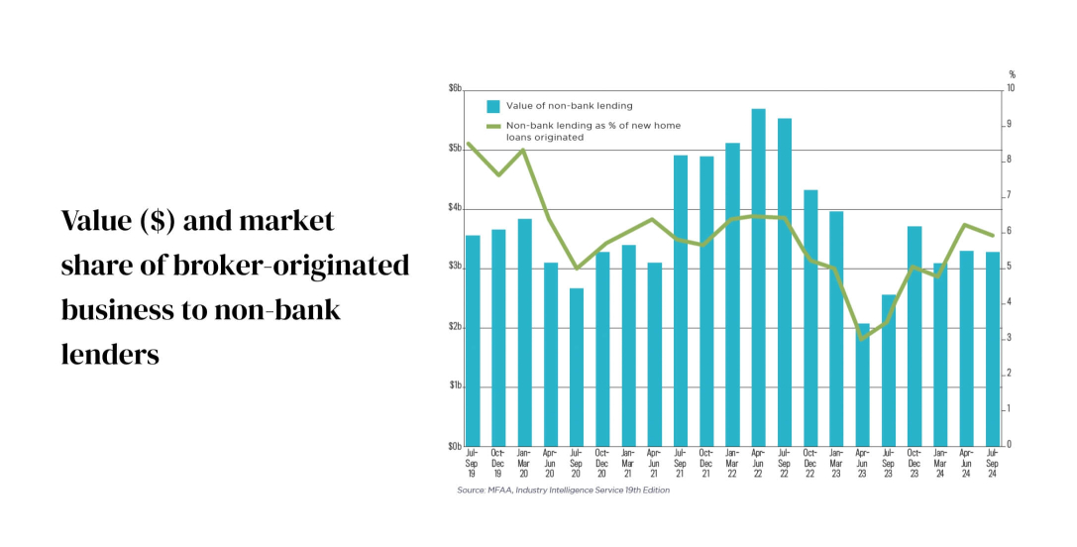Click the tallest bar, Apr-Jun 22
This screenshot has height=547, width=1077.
[758, 277]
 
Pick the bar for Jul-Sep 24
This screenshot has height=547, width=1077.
[992, 349]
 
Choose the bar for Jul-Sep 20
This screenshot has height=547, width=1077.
[577, 367]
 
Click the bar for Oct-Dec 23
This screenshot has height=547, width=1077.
[915, 336]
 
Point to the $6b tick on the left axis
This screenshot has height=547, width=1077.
[455, 89]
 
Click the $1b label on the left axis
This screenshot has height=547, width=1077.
[455, 385]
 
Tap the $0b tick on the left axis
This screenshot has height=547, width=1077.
[455, 445]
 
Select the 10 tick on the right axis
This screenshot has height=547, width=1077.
[1012, 89]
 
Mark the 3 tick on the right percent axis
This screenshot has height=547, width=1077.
[1010, 338]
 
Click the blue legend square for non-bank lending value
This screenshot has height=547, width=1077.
[492, 106]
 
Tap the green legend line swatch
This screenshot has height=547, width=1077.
[492, 126]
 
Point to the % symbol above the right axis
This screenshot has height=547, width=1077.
[1012, 74]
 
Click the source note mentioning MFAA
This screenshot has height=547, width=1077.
[563, 490]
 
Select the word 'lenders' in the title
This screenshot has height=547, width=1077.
[110, 354]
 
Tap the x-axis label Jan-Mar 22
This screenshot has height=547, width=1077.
[732, 462]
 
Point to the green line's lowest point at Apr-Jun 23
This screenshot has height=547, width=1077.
[862, 339]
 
